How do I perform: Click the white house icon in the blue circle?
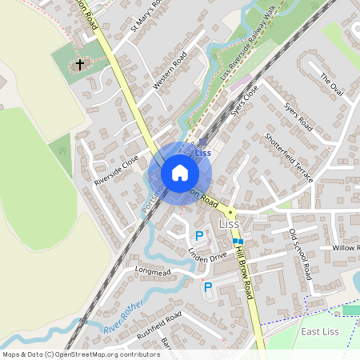[x=180, y=173]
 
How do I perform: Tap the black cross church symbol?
[x=80, y=64]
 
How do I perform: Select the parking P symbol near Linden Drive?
[x=199, y=236]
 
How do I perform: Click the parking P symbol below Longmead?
[x=208, y=287]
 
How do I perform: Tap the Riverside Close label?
[x=117, y=170]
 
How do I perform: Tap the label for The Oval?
[x=331, y=83]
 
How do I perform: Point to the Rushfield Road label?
[x=159, y=324]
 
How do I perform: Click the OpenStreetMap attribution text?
[x=80, y=354]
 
